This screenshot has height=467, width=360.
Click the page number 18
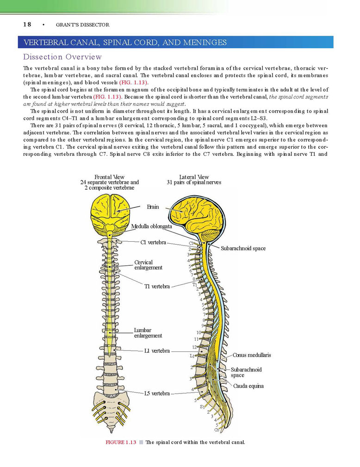(x=27, y=25)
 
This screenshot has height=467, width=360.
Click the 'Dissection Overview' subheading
(x=62, y=57)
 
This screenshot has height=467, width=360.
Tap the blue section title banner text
(x=125, y=42)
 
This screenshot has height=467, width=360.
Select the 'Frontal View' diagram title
(x=109, y=177)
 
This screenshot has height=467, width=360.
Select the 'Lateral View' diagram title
(x=194, y=177)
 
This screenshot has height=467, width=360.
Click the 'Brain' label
(x=153, y=207)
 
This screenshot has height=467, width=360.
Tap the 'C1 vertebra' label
(x=153, y=242)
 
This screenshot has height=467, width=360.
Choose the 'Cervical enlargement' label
(x=149, y=265)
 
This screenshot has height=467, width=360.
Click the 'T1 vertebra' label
(x=157, y=287)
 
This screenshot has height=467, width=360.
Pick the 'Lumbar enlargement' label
(x=148, y=333)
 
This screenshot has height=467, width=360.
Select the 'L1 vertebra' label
(x=157, y=351)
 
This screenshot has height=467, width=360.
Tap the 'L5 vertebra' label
(x=157, y=393)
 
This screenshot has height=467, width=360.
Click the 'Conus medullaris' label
(x=252, y=355)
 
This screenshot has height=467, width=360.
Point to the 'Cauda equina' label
(x=248, y=386)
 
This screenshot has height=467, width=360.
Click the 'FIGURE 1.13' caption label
(x=121, y=442)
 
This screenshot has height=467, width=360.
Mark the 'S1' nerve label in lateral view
(x=202, y=406)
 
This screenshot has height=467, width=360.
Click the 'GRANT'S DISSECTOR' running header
(x=82, y=25)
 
